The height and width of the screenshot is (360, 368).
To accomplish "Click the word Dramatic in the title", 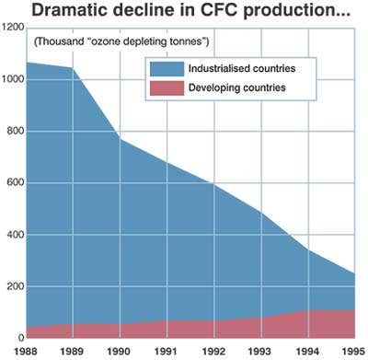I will point(77,11).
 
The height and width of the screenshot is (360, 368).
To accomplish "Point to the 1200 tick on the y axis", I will point(13,29).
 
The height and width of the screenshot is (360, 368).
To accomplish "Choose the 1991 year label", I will point(166,350).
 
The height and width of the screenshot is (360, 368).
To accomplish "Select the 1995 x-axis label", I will point(350,350).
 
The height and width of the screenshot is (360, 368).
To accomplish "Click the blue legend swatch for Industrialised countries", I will point(166,68).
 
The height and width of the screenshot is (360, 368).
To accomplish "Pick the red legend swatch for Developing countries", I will point(166,87).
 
